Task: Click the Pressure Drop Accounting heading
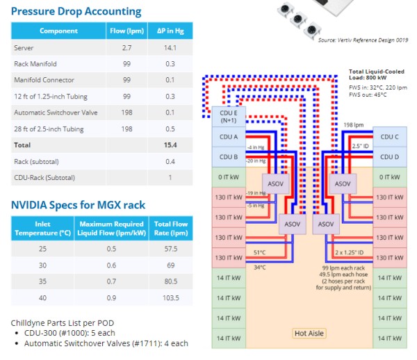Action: tap(76, 11)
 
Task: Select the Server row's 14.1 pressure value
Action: tap(170, 48)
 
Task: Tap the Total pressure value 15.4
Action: tap(170, 145)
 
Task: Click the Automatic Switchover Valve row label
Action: tap(56, 113)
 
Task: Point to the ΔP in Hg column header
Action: tap(170, 31)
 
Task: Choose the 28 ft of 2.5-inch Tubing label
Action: tap(49, 129)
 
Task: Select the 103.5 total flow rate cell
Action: tap(170, 297)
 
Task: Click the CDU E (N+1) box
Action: tap(228, 116)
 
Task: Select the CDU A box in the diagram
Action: tap(229, 137)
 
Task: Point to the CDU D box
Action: tap(391, 157)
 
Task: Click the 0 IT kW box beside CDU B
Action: tap(229, 177)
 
